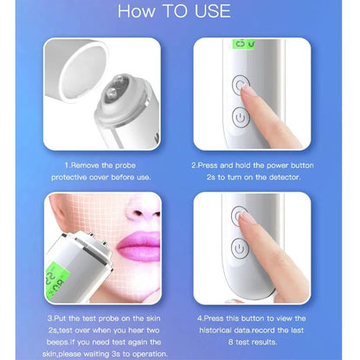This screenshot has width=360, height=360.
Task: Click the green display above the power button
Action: pyautogui.click(x=242, y=44)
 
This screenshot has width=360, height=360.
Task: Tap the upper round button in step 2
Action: pyautogui.click(x=241, y=84)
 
